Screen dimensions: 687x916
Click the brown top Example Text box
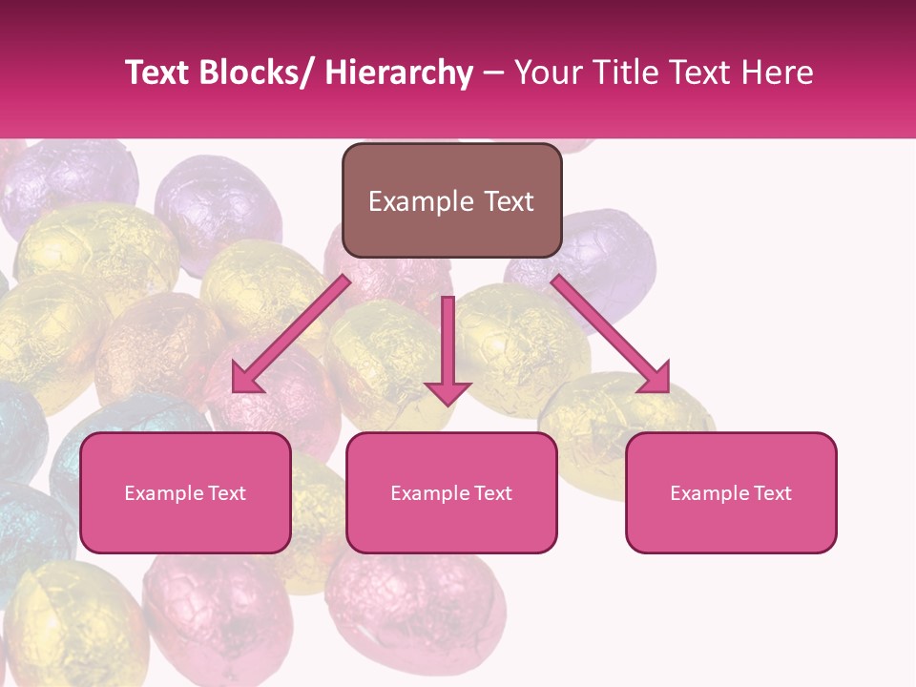point(451,200)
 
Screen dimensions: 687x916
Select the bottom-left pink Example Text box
point(185,492)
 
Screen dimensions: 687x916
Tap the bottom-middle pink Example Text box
point(451,492)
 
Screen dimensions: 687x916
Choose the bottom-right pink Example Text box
point(731,492)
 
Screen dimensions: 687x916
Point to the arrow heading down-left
point(292,334)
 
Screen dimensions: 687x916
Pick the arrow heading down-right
point(611,334)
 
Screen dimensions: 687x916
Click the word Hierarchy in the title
point(398,73)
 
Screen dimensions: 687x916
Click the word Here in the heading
point(778,73)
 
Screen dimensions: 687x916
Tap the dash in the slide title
point(493,73)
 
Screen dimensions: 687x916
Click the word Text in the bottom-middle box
point(493,493)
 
